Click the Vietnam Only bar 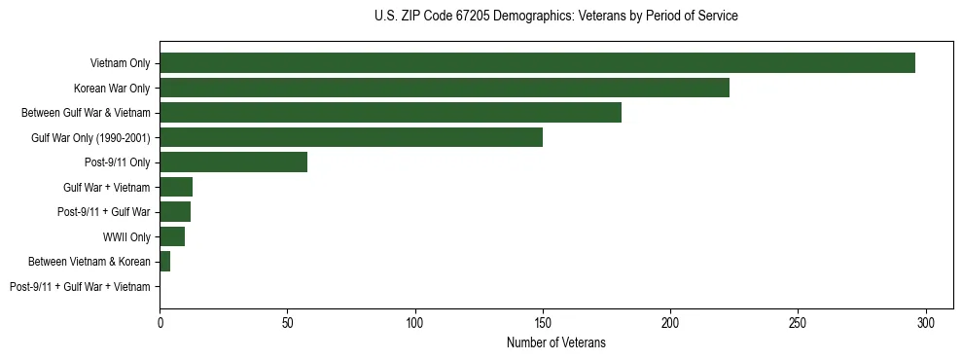pos(537,63)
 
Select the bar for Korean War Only pos(445,89)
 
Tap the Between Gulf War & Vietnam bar pos(390,113)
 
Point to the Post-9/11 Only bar pos(233,162)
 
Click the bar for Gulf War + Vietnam pos(176,187)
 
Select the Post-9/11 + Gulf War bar pos(175,212)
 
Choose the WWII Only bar pos(172,236)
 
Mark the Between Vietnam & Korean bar pos(164,262)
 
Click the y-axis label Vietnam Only pos(120,63)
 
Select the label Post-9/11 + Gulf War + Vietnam pos(80,286)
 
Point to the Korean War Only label pos(112,89)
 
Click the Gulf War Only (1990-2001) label pos(90,138)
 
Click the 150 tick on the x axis pos(543,321)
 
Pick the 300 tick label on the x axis pos(926,321)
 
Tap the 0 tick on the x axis pos(160,321)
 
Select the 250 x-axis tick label pos(799,321)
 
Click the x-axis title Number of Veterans pos(555,342)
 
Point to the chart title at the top pos(555,17)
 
